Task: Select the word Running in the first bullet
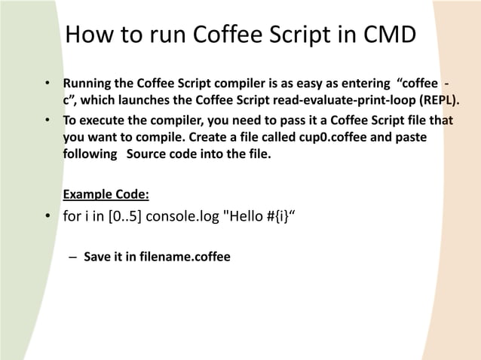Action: point(87,81)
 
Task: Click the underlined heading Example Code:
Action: point(106,194)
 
